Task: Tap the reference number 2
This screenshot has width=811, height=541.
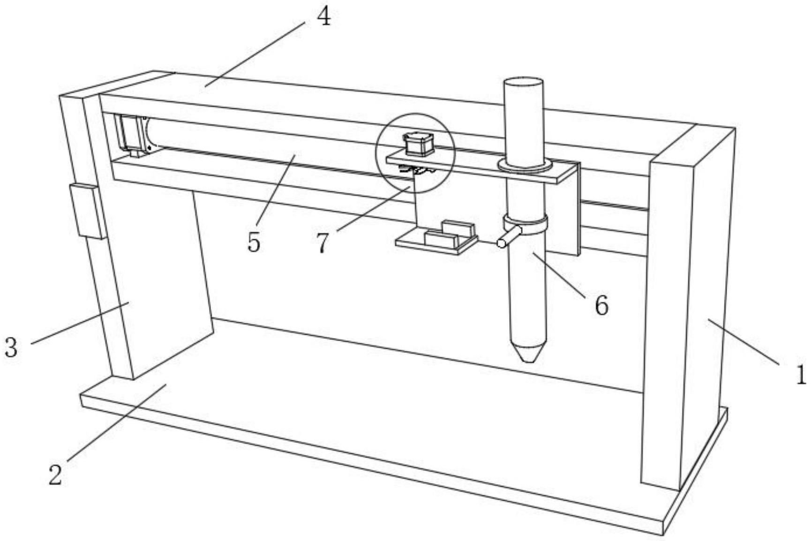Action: click(56, 474)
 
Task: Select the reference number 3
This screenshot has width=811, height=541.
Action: click(11, 348)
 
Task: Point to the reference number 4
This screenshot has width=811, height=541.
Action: click(323, 17)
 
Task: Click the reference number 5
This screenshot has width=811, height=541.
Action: click(254, 243)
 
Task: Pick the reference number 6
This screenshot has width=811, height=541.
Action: click(601, 305)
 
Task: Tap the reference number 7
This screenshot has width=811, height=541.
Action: click(322, 243)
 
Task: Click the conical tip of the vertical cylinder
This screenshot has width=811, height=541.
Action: click(528, 352)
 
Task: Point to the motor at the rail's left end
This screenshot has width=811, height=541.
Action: click(133, 134)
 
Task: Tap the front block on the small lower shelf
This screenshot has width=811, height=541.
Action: click(441, 239)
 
